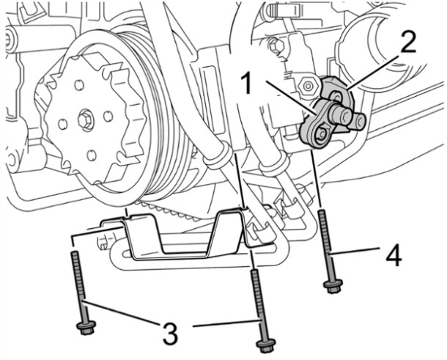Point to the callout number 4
(x=394, y=256)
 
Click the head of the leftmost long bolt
(x=83, y=328)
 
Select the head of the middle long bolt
(x=263, y=344)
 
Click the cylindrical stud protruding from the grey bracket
(x=344, y=115)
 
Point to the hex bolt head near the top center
(x=276, y=45)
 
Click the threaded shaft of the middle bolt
(x=256, y=301)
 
